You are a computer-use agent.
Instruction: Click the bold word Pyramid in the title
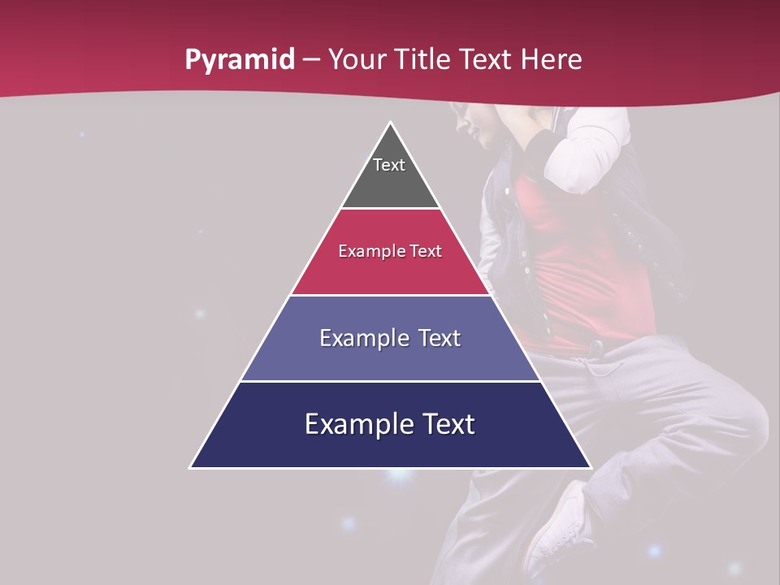(239, 60)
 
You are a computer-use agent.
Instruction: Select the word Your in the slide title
(357, 60)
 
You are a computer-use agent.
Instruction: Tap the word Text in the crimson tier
(427, 252)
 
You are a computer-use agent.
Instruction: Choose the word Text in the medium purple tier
(440, 338)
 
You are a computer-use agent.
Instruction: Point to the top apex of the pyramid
(391, 123)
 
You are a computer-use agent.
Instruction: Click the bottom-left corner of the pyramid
(191, 467)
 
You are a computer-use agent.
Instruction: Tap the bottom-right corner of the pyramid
(591, 467)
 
